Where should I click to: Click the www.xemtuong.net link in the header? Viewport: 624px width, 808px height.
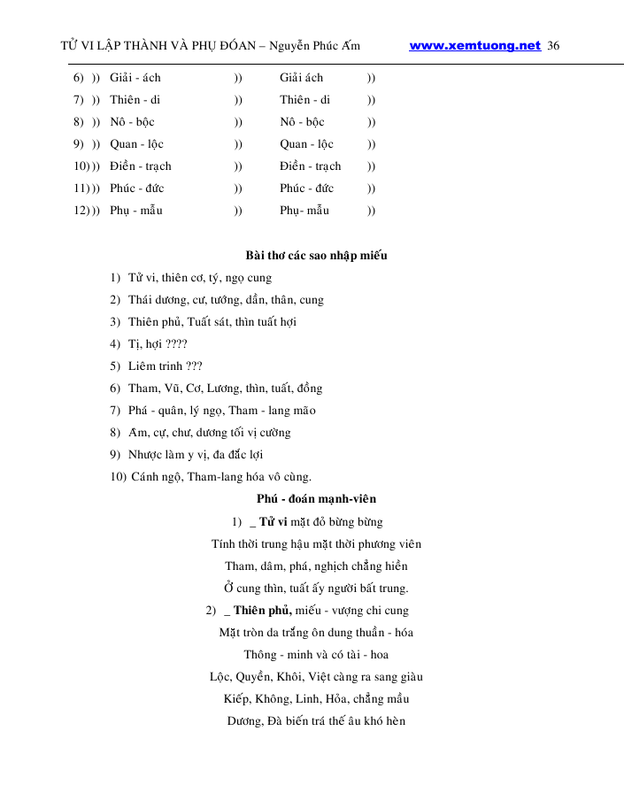474,46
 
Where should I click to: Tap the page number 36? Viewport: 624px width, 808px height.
553,46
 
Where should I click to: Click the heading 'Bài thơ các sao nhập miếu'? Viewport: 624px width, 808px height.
316,256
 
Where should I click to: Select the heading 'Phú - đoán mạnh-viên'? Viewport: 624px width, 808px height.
316,499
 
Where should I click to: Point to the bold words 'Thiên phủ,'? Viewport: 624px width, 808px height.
263,610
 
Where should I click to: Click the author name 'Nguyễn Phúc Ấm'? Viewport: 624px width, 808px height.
316,46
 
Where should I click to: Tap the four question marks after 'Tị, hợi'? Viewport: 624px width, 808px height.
176,344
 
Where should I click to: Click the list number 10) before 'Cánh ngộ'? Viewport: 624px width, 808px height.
117,477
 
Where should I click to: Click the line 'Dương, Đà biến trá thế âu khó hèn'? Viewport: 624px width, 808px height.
316,721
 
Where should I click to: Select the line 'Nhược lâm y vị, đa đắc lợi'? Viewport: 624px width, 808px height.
196,455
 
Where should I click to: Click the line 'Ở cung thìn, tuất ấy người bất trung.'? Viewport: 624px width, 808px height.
316,588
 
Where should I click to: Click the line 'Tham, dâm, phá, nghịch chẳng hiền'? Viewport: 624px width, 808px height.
316,566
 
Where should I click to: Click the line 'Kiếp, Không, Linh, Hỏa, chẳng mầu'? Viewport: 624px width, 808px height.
316,699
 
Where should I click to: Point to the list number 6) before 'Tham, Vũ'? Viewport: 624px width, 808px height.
115,389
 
